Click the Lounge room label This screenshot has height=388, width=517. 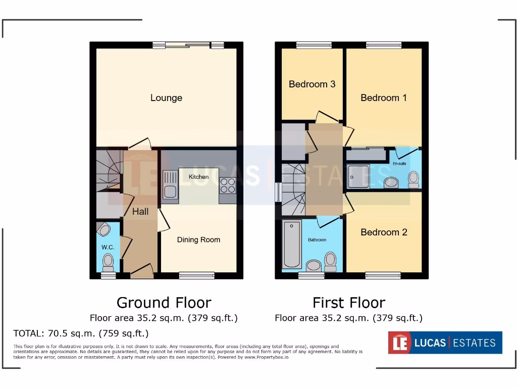click(x=166, y=98)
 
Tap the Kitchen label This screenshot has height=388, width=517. click(x=198, y=177)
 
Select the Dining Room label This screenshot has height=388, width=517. click(x=198, y=240)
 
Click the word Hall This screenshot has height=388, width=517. click(x=140, y=212)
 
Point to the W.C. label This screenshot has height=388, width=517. click(x=108, y=248)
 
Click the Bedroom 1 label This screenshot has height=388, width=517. click(x=383, y=98)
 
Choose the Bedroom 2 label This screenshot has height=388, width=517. click(x=384, y=232)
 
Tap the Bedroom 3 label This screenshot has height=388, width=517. click(x=312, y=84)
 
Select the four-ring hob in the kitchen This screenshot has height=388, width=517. click(x=228, y=186)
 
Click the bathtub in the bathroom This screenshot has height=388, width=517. click(x=292, y=245)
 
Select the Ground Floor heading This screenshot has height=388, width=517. click(x=164, y=303)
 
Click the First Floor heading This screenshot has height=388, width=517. click(x=348, y=303)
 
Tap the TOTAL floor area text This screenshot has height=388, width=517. click(x=81, y=333)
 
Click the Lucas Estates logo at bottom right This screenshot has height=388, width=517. click(x=445, y=343)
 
